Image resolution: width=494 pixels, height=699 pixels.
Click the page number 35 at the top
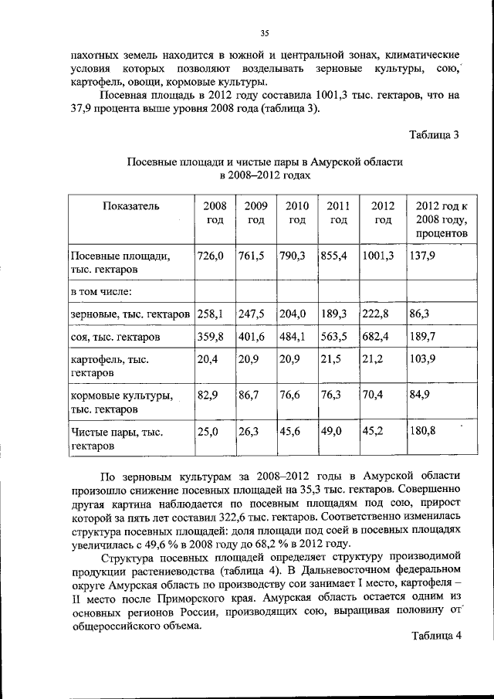pyautogui.click(x=263, y=32)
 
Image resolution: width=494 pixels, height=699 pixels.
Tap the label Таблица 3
pyautogui.click(x=434, y=134)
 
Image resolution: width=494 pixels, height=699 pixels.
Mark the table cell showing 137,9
pyautogui.click(x=424, y=255)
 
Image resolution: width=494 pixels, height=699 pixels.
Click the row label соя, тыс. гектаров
pyautogui.click(x=115, y=338)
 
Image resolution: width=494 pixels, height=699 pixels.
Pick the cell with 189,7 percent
pyautogui.click(x=424, y=337)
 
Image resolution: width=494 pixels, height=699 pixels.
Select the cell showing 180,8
pyautogui.click(x=424, y=431)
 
